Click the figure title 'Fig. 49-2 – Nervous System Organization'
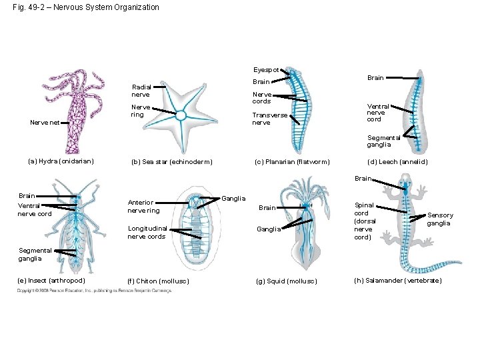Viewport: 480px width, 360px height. tap(86, 7)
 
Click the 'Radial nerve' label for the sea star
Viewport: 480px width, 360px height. tap(141, 91)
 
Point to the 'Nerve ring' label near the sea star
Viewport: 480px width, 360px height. tap(141, 111)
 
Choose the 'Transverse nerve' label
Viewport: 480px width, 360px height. tap(269, 119)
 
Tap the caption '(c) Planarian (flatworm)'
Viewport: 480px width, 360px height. tap(292, 161)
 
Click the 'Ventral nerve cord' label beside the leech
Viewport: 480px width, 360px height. tap(377, 113)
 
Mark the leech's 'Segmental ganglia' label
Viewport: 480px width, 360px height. tap(383, 141)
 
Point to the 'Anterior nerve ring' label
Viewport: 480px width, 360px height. tap(143, 207)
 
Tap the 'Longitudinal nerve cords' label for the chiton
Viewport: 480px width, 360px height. tap(146, 233)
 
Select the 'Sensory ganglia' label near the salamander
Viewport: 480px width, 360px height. tap(440, 219)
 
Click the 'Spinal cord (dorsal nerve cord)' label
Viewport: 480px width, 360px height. tap(365, 221)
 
